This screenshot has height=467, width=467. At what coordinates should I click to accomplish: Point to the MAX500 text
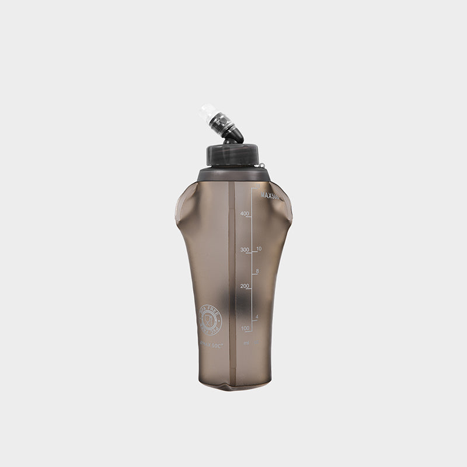(269, 197)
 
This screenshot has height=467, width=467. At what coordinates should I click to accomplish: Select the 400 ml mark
(243, 214)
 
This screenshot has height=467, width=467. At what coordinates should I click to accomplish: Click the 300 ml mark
(243, 250)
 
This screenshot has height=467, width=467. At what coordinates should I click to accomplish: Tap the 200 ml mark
(243, 286)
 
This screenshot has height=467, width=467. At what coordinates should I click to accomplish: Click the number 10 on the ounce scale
(259, 249)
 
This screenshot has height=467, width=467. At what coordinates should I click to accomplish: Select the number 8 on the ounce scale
(257, 271)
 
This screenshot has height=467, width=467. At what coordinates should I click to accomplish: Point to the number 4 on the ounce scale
(257, 317)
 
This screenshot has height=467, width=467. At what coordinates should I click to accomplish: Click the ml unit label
(247, 343)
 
